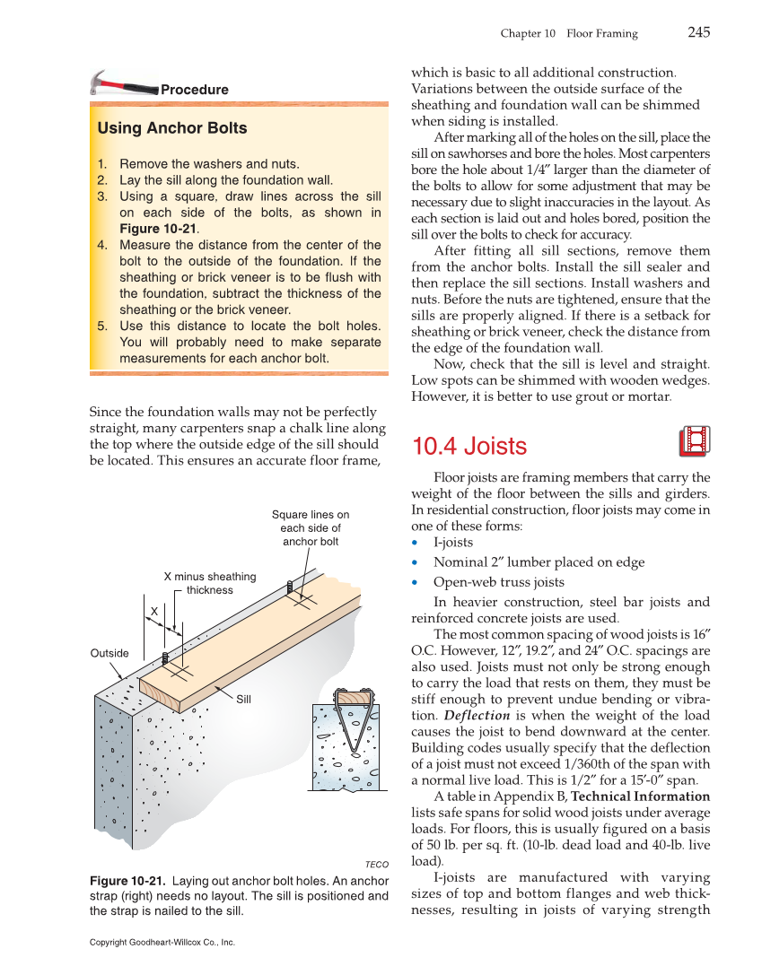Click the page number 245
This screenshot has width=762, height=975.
699,33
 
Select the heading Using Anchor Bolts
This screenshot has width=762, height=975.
172,128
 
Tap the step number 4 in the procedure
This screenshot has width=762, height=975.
102,245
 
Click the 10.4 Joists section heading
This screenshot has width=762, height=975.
469,446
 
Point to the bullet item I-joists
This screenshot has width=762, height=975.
453,543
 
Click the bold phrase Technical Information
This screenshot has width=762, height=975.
640,797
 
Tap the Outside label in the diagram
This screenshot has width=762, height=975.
109,653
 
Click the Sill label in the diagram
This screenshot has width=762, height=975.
243,699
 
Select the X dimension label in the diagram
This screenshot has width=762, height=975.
153,611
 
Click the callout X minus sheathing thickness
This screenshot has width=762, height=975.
209,583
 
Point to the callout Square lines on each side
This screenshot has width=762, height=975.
311,528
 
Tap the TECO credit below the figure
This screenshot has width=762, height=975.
376,865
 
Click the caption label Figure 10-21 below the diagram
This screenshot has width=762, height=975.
127,880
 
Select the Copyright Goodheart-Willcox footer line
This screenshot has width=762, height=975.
162,943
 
